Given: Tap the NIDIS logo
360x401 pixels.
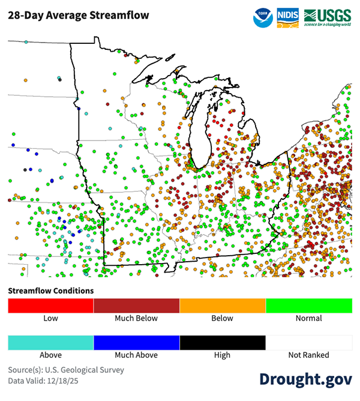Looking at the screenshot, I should [287, 17].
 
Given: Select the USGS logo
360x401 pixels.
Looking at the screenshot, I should [328, 17].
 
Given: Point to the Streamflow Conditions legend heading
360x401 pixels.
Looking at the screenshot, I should [51, 291].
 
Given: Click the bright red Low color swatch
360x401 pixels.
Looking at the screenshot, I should [51, 306].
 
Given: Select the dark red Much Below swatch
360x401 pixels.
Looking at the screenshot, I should [137, 306].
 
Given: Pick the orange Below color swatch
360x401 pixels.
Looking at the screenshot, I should [223, 306].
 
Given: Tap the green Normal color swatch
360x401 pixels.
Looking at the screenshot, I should [309, 306].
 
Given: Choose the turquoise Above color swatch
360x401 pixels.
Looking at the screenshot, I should [51, 342].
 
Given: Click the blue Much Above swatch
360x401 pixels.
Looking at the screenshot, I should [137, 342].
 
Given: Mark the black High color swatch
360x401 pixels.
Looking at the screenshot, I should [223, 342].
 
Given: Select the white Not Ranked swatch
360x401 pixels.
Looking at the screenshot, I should [309, 342].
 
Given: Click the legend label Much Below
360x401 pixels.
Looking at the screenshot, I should [137, 318].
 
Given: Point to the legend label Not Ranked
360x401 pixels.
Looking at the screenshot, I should [309, 355].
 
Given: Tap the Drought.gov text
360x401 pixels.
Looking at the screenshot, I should [305, 379].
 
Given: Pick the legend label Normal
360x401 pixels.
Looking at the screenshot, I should [309, 318].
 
